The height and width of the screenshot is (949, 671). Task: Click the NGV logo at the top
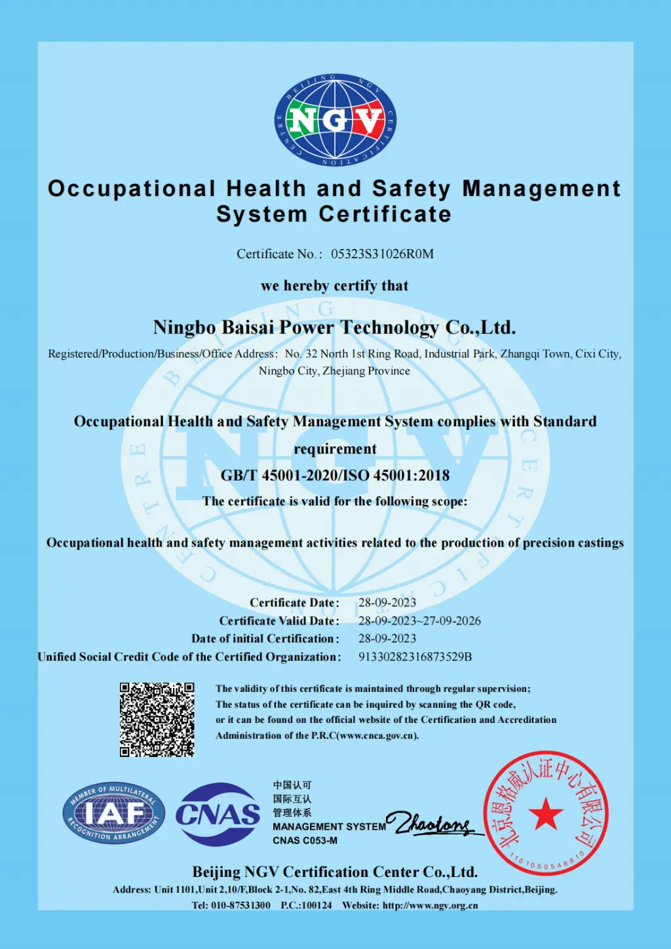[x=335, y=120]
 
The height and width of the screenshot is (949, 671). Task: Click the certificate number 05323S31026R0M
[x=382, y=254]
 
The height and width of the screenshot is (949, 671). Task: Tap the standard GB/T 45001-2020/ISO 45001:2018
[x=335, y=475]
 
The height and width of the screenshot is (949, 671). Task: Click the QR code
[x=157, y=720]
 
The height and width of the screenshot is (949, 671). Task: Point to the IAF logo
[x=114, y=813]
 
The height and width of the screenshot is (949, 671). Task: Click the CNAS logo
[x=218, y=815]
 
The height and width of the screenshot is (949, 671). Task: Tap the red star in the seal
[x=545, y=815]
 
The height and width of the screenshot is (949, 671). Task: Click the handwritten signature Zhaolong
[x=433, y=823]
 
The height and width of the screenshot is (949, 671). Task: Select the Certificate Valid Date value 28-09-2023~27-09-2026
[x=419, y=621]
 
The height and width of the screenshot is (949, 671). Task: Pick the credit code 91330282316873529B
[x=415, y=657]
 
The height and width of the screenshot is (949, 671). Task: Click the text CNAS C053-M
[x=305, y=841]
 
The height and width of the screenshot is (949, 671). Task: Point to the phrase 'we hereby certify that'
[x=334, y=286]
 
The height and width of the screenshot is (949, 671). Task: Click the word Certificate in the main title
[x=385, y=214]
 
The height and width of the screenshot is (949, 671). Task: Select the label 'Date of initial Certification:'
[x=265, y=638]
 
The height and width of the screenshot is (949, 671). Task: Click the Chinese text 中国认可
[x=292, y=785]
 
